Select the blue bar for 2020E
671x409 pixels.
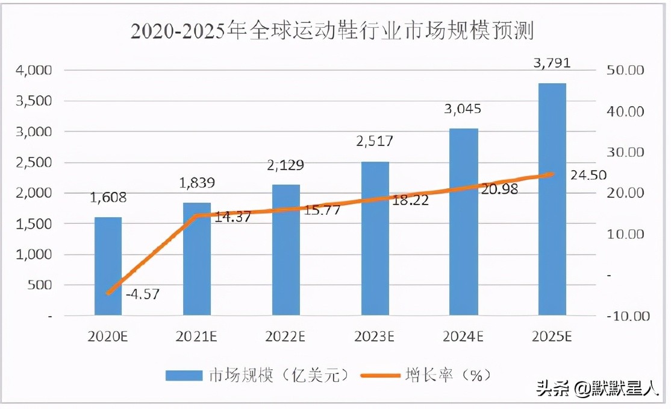[x=108, y=266]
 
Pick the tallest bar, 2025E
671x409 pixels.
[x=552, y=199]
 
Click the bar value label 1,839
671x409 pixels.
[x=196, y=183]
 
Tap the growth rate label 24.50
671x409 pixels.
[x=585, y=176]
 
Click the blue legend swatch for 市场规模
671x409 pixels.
[x=183, y=375]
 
